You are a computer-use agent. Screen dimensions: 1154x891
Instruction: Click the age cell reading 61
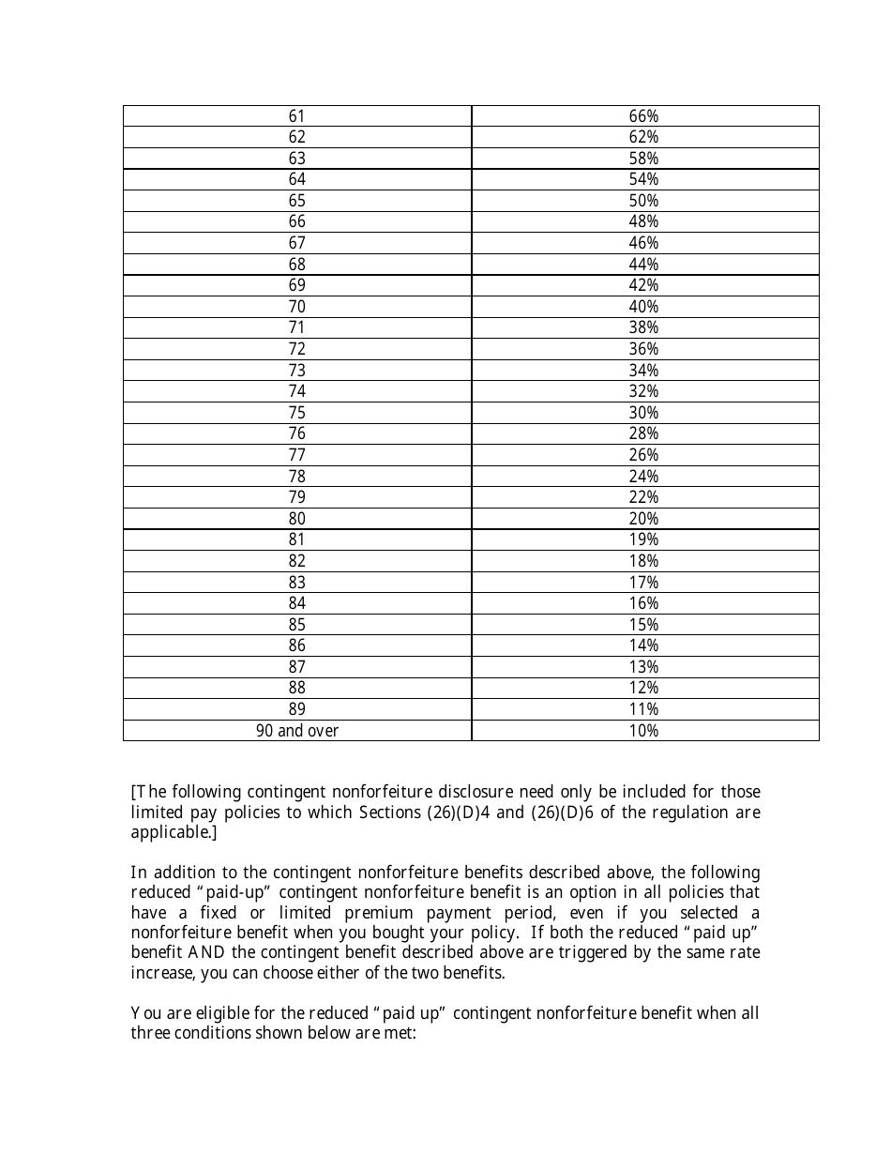tap(296, 116)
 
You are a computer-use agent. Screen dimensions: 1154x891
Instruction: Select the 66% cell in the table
tap(643, 116)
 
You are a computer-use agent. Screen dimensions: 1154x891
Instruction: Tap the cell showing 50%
tap(643, 201)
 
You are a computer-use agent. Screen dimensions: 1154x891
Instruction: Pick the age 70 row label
tap(296, 307)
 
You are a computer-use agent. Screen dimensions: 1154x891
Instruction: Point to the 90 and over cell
tap(296, 731)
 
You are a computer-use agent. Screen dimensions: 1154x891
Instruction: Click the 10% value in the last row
tap(643, 731)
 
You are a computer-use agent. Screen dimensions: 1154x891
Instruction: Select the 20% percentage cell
tap(643, 519)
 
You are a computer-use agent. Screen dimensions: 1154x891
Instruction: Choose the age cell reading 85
tap(296, 625)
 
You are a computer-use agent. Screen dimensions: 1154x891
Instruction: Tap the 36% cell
tap(643, 349)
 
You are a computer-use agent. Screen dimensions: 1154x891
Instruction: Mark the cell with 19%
tap(643, 539)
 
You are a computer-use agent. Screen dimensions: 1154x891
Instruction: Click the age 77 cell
tap(296, 455)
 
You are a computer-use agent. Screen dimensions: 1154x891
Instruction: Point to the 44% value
tap(643, 265)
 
